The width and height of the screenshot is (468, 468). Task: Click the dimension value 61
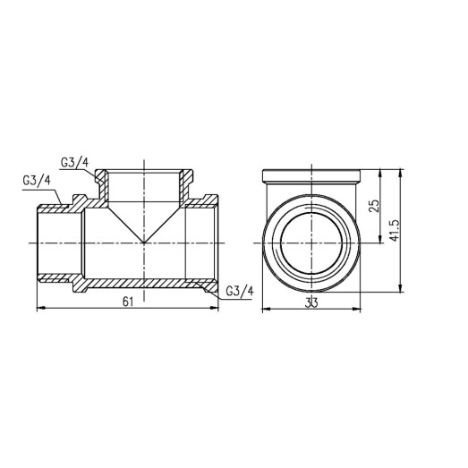(127, 302)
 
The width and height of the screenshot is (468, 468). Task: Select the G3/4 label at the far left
(36, 180)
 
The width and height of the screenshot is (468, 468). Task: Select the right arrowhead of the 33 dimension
(358, 311)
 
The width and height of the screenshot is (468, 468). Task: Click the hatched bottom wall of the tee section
(143, 287)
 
